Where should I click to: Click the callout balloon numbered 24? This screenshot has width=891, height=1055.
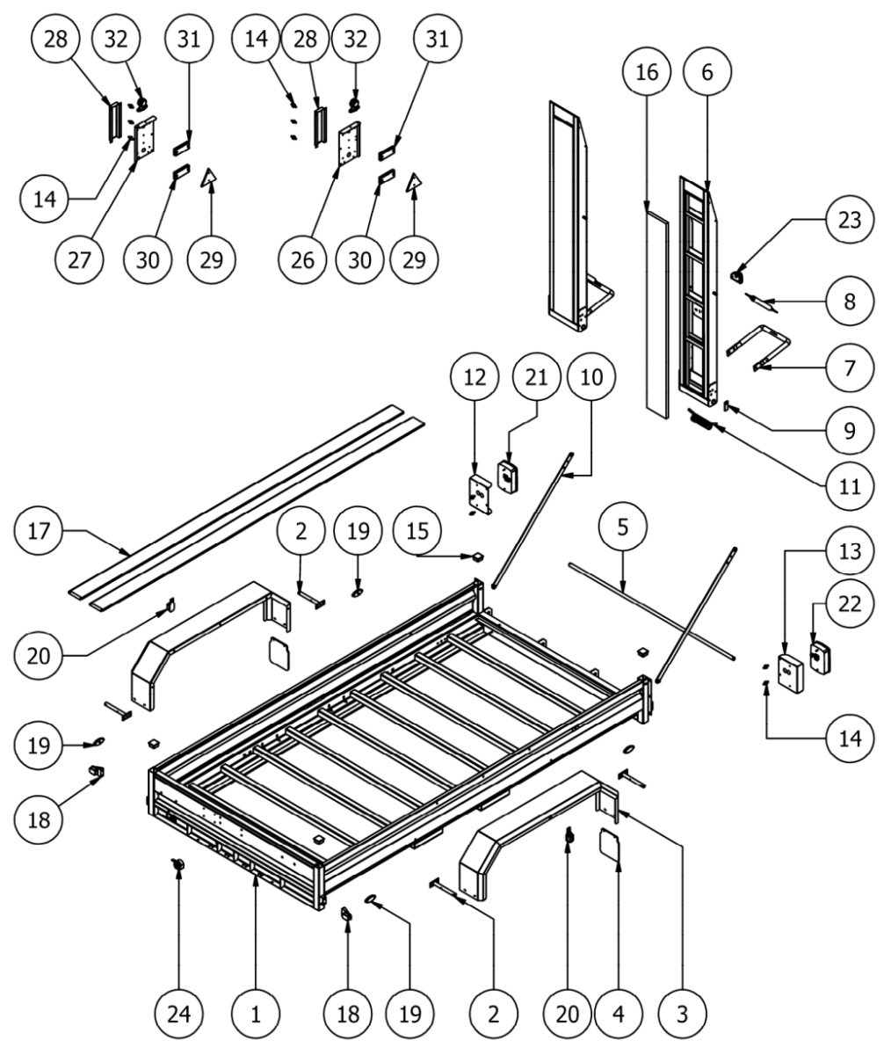click(x=178, y=1014)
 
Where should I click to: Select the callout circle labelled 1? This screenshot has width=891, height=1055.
click(x=256, y=1014)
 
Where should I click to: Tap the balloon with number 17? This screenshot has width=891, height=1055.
click(x=39, y=531)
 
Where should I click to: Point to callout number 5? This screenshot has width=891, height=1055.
click(x=623, y=527)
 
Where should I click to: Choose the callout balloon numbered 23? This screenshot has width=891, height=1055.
click(x=850, y=220)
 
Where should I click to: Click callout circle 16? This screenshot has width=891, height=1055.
click(x=647, y=72)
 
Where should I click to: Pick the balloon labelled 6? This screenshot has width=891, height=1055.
click(x=707, y=72)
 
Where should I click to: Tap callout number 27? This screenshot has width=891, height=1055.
click(x=79, y=260)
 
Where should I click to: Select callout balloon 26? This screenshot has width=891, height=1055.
click(x=302, y=260)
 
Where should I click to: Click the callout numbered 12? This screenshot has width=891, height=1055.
click(x=474, y=377)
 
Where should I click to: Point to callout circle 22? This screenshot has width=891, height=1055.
click(x=850, y=604)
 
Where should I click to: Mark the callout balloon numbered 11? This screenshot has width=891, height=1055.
click(x=850, y=486)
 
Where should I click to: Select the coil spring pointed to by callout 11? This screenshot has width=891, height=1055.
click(x=700, y=421)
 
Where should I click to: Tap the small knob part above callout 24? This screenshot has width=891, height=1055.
click(x=178, y=864)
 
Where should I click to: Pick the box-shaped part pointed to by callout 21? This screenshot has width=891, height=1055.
click(x=508, y=477)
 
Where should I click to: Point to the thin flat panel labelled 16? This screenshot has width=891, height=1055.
click(x=657, y=316)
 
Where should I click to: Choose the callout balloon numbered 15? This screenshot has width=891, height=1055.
click(x=417, y=531)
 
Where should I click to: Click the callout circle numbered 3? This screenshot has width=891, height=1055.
click(x=682, y=1014)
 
